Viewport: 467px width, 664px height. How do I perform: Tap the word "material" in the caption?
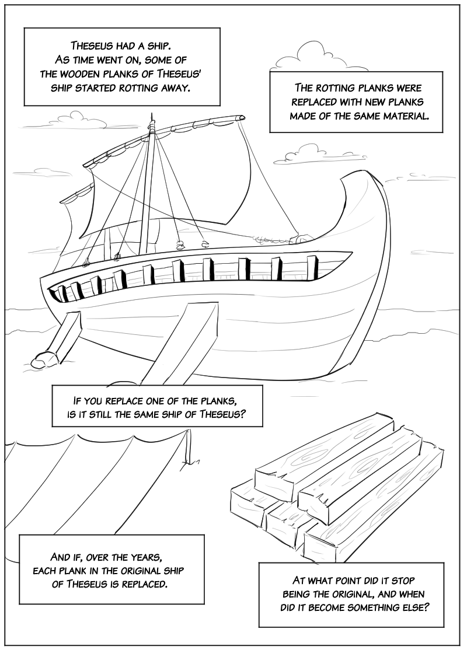click(401, 116)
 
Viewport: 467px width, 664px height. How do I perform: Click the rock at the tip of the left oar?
click(43, 358)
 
